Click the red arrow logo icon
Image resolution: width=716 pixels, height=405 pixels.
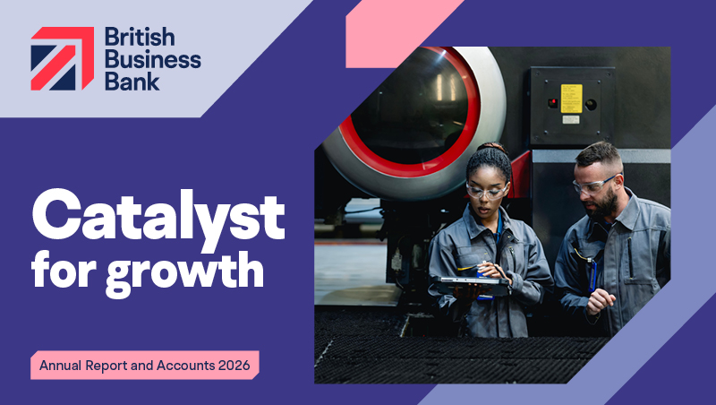click(63, 58)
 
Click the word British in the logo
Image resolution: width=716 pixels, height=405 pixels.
click(140, 37)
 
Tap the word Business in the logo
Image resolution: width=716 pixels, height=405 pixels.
click(153, 59)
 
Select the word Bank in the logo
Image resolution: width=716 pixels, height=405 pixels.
click(132, 81)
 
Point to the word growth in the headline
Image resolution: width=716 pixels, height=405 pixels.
click(185, 272)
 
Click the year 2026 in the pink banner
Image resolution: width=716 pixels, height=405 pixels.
click(234, 366)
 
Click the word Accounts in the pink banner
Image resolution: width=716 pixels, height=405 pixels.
click(186, 366)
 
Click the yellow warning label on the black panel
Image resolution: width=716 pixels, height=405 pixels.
click(571, 99)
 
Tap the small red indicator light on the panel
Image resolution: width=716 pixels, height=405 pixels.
click(552, 102)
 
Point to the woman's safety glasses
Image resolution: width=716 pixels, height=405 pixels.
click(487, 191)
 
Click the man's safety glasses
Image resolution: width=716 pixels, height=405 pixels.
click(593, 185)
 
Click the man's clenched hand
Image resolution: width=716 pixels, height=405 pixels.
click(600, 301)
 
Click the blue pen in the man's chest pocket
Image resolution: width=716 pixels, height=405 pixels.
click(592, 275)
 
